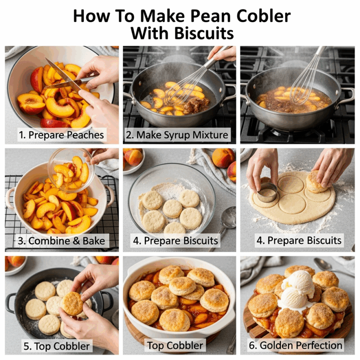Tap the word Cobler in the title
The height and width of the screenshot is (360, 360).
(264, 16)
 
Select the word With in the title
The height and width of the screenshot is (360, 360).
(150, 33)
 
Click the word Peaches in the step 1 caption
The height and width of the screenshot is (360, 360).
(85, 135)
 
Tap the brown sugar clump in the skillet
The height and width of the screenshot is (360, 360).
(197, 105)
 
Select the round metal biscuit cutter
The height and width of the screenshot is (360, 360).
(267, 193)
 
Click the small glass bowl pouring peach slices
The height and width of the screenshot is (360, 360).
(72, 170)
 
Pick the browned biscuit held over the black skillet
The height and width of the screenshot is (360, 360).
(72, 303)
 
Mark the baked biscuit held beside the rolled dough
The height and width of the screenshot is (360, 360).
(317, 181)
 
